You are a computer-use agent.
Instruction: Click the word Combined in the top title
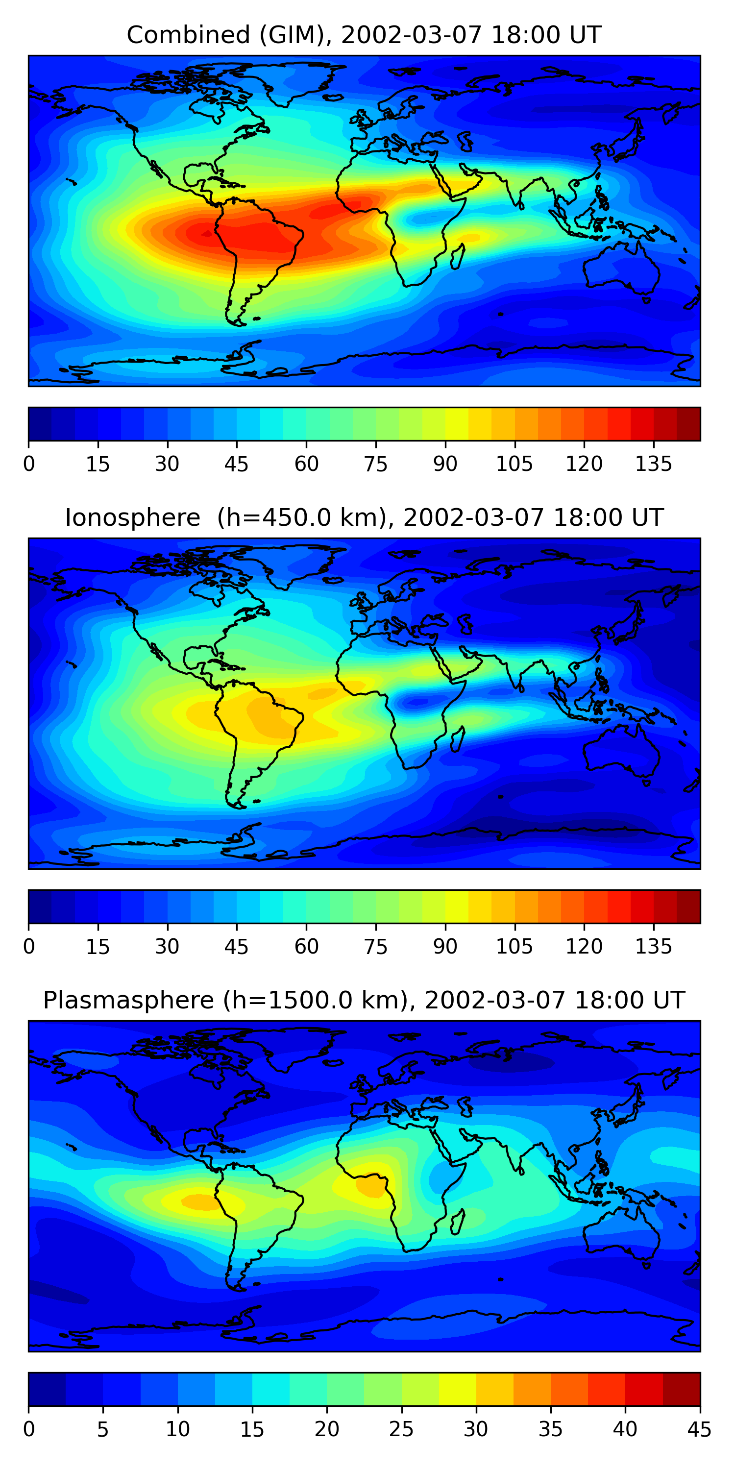point(188,35)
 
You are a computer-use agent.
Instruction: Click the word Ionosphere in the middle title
point(132,518)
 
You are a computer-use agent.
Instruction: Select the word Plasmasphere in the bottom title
point(128,1001)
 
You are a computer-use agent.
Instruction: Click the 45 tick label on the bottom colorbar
point(699,1430)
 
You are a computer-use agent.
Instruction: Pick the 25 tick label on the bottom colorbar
point(401,1430)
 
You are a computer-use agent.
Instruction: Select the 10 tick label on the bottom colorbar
point(177,1430)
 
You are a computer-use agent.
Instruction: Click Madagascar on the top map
point(458,257)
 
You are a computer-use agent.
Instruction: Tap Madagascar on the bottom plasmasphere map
point(458,1223)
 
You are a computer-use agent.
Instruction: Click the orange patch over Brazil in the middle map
point(268,713)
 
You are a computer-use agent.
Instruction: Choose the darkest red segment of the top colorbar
point(688,424)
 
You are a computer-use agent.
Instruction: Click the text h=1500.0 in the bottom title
point(316,1001)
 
